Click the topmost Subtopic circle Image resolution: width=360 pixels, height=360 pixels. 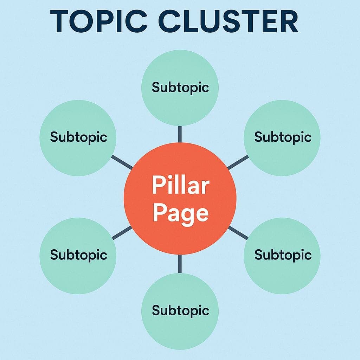(x=180, y=88)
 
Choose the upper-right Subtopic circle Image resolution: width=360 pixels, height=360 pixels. (x=282, y=137)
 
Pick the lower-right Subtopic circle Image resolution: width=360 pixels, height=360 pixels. (x=282, y=255)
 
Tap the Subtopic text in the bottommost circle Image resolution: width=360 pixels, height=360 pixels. (x=180, y=310)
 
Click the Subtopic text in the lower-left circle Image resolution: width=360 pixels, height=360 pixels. (x=78, y=255)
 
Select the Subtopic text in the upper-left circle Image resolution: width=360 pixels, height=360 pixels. (x=78, y=137)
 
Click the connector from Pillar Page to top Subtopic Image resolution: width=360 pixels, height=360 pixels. (x=180, y=134)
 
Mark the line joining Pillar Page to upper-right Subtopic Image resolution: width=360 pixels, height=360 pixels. (x=238, y=162)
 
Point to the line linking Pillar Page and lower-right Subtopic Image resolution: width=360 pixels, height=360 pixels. (x=238, y=233)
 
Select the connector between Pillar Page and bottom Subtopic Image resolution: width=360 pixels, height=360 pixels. (x=180, y=264)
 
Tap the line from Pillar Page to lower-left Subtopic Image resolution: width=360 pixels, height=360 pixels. (x=122, y=233)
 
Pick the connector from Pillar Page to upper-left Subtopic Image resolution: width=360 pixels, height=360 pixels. (x=122, y=162)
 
